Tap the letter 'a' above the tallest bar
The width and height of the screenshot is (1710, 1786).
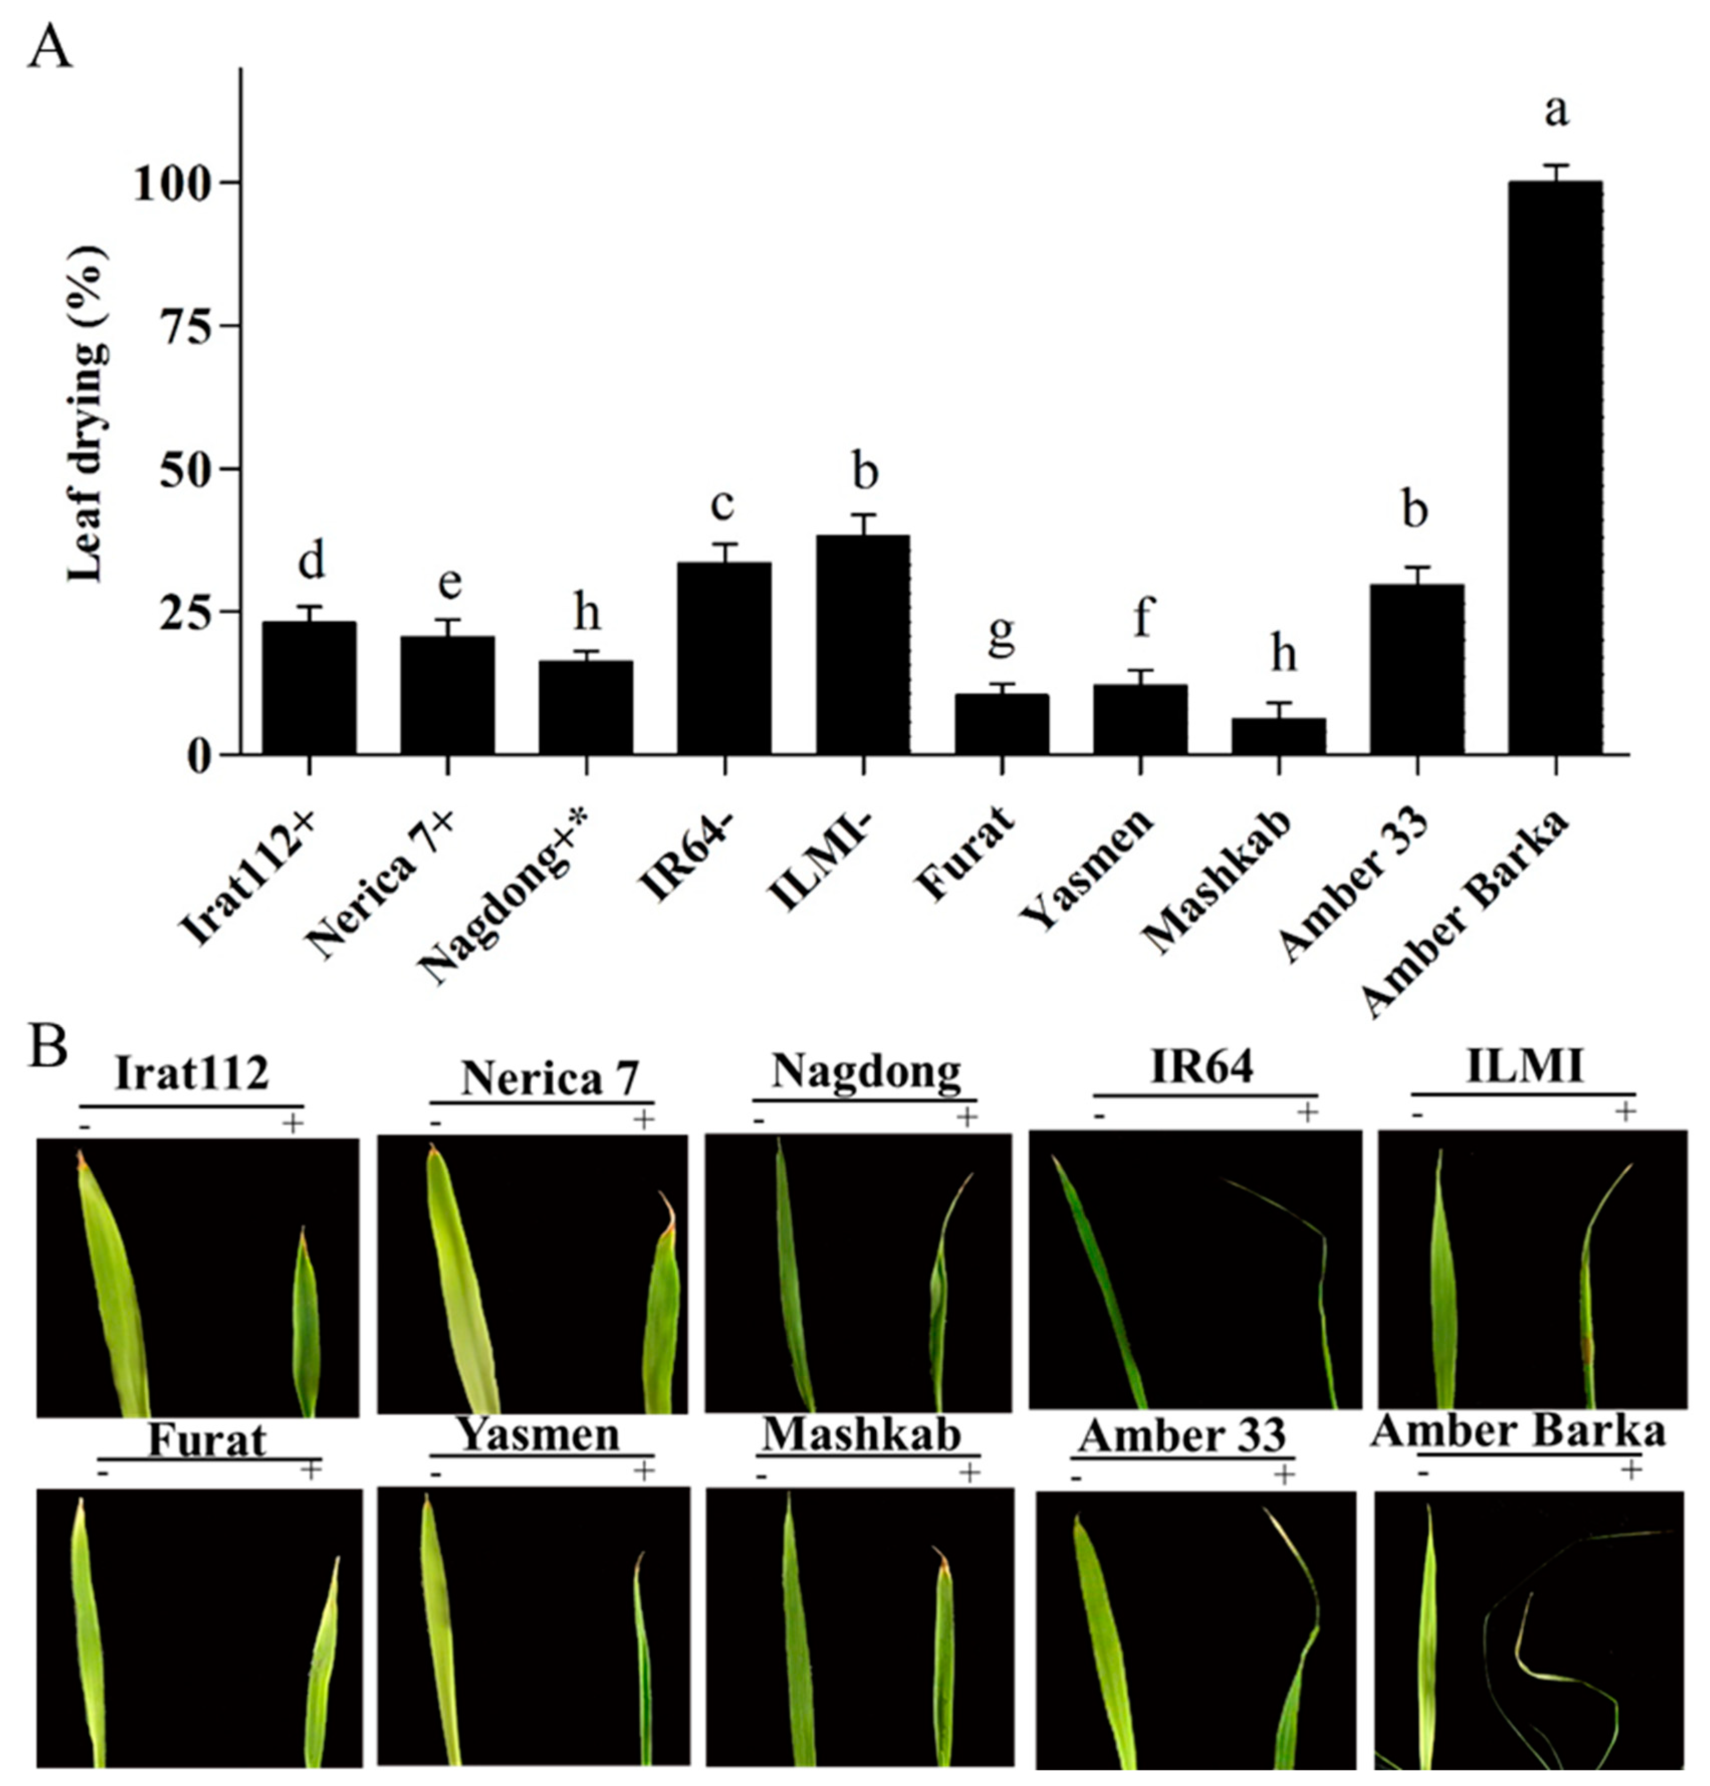[1556, 111]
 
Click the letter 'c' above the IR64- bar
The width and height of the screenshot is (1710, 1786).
[723, 504]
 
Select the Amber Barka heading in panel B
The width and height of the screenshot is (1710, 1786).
[1518, 1432]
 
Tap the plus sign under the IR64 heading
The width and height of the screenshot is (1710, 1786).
[1307, 1113]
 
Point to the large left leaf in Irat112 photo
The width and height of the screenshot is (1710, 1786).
[114, 1285]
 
